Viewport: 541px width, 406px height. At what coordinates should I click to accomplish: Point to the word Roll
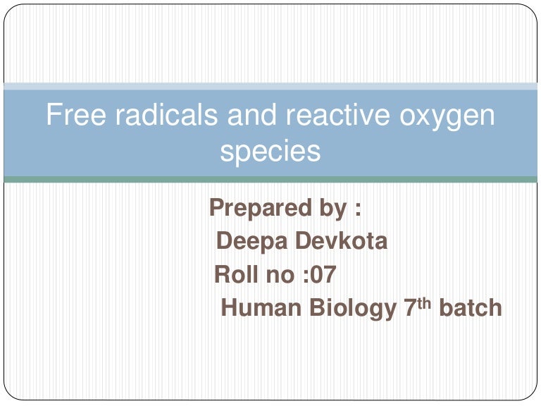coord(236,274)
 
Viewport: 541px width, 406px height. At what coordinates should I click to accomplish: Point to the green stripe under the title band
coord(270,180)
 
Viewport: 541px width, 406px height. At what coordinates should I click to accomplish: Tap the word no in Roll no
coord(280,275)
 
